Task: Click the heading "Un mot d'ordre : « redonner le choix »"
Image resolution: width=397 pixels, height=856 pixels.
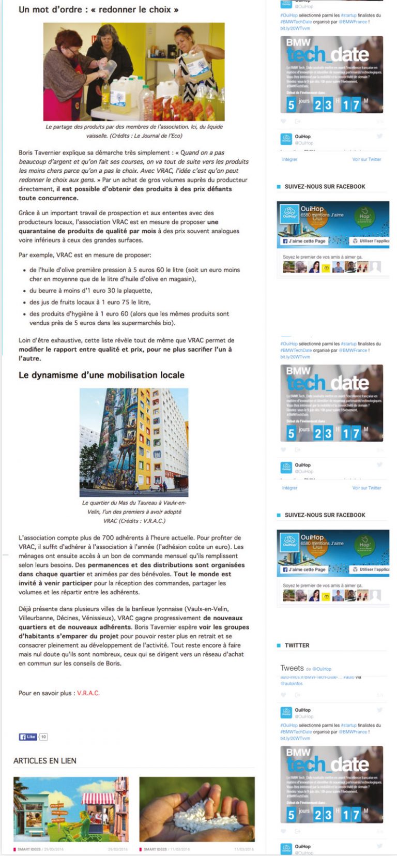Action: [x=98, y=9]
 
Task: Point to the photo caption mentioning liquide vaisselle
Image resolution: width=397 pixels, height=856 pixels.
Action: [x=134, y=131]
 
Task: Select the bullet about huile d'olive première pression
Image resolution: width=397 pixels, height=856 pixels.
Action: [x=134, y=274]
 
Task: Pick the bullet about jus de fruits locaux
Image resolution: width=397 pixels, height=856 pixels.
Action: [x=90, y=302]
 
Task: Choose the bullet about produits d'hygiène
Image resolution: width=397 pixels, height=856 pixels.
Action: [x=129, y=318]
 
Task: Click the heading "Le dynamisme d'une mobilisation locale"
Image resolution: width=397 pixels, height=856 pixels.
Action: [x=101, y=375]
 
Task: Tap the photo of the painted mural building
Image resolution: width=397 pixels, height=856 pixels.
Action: [x=133, y=442]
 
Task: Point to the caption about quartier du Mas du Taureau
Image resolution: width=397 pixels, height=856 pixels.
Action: [x=134, y=512]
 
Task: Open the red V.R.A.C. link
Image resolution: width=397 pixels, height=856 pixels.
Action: [x=88, y=693]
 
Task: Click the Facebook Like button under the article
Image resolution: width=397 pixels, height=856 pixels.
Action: [x=27, y=737]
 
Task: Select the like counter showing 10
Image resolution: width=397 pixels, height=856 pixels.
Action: [x=43, y=737]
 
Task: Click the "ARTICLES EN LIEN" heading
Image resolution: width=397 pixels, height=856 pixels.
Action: [x=45, y=761]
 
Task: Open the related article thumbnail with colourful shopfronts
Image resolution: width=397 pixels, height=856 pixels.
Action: [x=71, y=809]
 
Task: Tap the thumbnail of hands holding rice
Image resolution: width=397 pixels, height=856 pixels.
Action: [x=197, y=809]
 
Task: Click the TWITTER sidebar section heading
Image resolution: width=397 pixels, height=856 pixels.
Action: [x=297, y=645]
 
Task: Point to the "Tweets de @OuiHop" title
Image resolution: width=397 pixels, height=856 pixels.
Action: [x=306, y=668]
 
